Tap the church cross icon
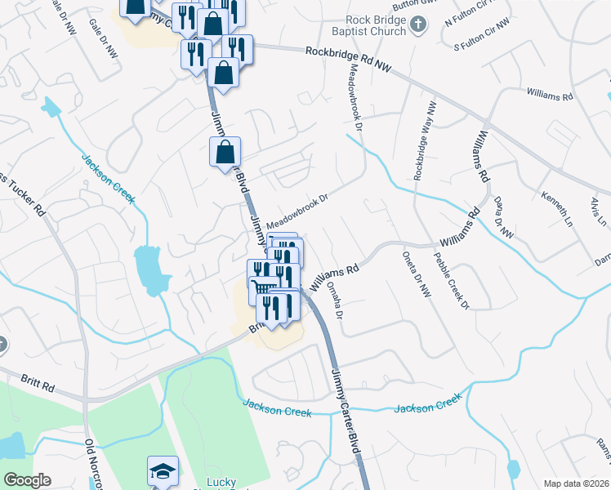pyautogui.click(x=418, y=24)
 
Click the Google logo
pyautogui.click(x=26, y=480)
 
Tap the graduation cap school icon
pyautogui.click(x=162, y=471)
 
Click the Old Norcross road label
pyautogui.click(x=91, y=465)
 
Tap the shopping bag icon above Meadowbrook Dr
pyautogui.click(x=225, y=151)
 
